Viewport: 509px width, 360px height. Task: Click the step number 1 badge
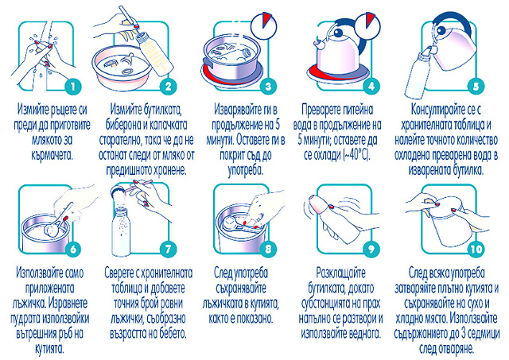click(x=72, y=87)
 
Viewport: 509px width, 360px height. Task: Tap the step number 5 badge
click(x=476, y=87)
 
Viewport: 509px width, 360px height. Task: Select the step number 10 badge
click(x=476, y=249)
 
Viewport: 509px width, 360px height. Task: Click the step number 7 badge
click(x=168, y=249)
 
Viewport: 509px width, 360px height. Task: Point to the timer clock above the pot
click(x=265, y=25)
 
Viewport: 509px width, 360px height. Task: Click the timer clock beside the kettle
click(x=367, y=25)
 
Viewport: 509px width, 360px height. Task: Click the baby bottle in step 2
click(x=153, y=53)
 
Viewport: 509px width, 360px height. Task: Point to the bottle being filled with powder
click(x=121, y=231)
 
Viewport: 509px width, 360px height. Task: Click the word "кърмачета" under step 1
click(x=52, y=155)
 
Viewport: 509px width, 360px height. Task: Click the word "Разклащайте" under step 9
click(x=340, y=273)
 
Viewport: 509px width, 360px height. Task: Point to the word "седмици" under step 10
click(x=483, y=334)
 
